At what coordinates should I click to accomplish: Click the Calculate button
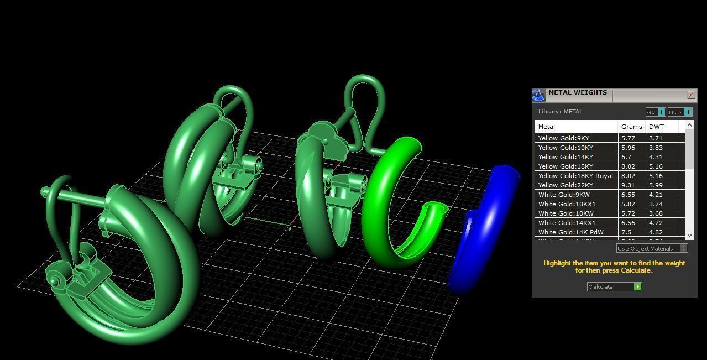(614, 286)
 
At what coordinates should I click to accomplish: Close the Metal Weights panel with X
(691, 95)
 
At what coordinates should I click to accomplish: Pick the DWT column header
(656, 127)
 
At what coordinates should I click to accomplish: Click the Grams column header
(631, 127)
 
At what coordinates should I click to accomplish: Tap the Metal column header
(547, 127)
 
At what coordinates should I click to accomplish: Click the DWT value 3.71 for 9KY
(656, 138)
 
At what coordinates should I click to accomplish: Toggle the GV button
(656, 112)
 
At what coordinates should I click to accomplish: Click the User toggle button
(680, 112)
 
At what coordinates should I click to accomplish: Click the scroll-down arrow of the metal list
(689, 236)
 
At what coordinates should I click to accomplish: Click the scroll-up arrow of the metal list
(689, 126)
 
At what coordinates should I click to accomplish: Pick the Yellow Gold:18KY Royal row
(575, 176)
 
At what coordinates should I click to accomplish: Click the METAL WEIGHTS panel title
(577, 93)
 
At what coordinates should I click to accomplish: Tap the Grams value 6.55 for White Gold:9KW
(628, 195)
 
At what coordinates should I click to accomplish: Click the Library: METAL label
(560, 112)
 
